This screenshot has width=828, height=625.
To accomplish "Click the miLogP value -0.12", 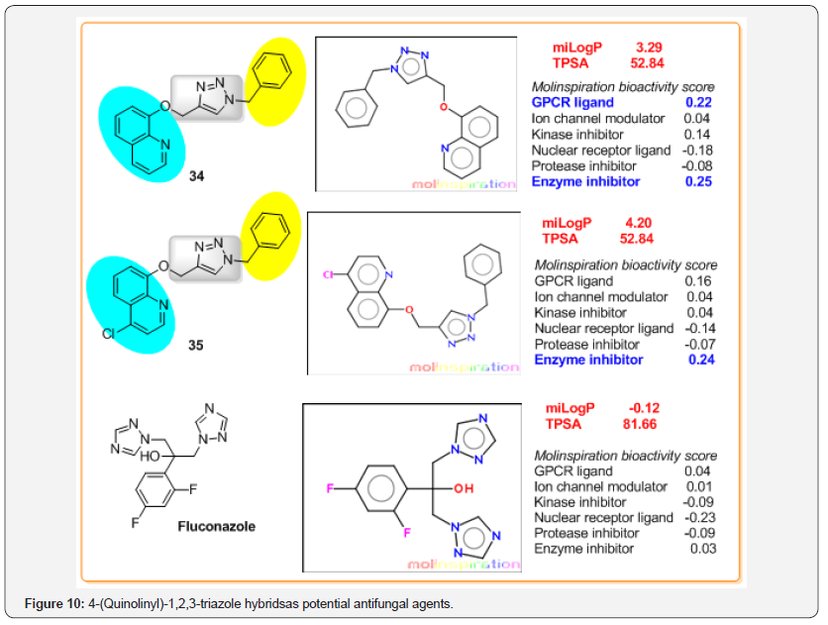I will tap(644, 408).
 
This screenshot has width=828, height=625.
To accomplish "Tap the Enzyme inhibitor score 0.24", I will tap(700, 360).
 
